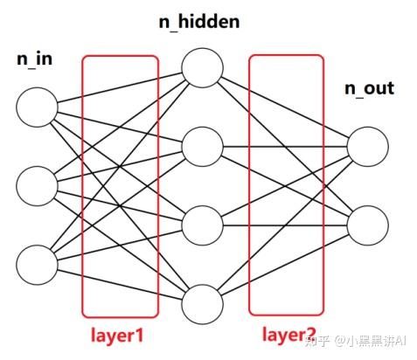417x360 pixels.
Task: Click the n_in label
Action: pyautogui.click(x=35, y=59)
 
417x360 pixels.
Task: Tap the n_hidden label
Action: pyautogui.click(x=199, y=22)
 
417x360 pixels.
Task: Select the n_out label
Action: pyautogui.click(x=369, y=88)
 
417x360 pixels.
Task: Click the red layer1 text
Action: pyautogui.click(x=117, y=336)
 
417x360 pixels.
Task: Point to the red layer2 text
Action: pyautogui.click(x=289, y=335)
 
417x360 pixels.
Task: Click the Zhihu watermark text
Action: pyautogui.click(x=355, y=340)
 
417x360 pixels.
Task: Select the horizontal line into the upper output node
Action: pyautogui.click(x=285, y=147)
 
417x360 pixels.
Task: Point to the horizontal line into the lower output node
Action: pyautogui.click(x=285, y=225)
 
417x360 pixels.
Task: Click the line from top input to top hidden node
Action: pyautogui.click(x=120, y=87)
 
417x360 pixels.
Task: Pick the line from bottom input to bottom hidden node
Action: pyautogui.click(x=120, y=285)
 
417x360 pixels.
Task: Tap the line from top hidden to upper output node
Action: pyautogui.click(x=285, y=107)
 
